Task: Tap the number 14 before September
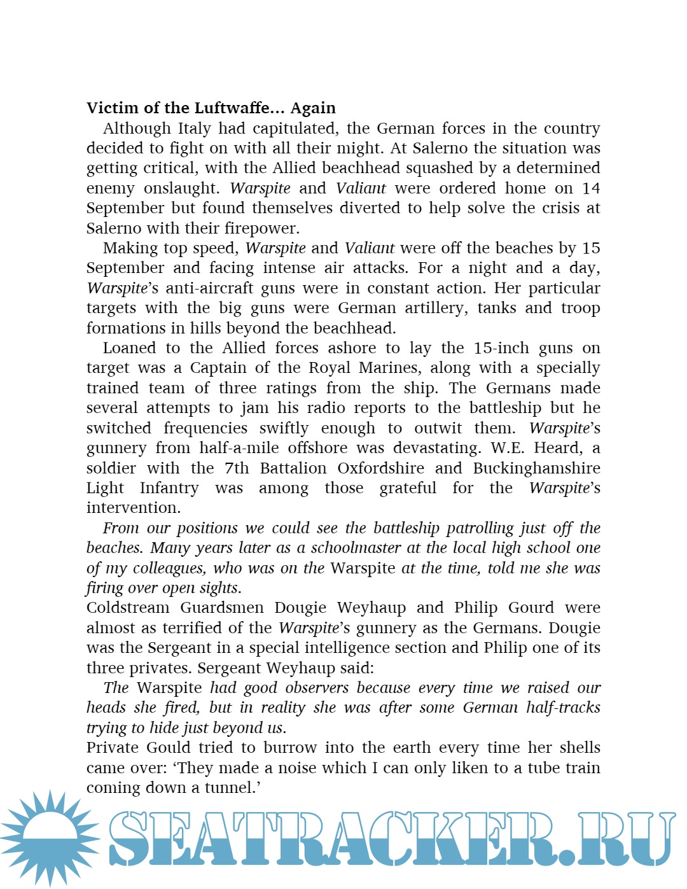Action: point(591,188)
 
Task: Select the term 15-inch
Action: point(501,348)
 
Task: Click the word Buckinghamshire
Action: point(536,468)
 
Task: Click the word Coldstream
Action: point(128,608)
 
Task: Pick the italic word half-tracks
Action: point(563,708)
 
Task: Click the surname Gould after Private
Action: point(165,748)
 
